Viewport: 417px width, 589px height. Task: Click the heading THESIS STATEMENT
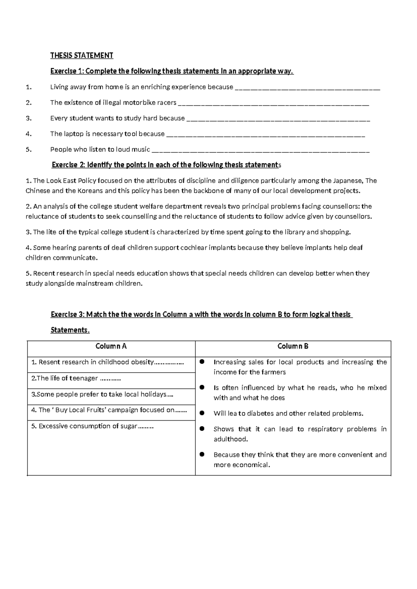click(x=82, y=56)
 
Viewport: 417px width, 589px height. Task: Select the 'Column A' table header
click(x=111, y=346)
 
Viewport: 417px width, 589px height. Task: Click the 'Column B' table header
click(x=293, y=346)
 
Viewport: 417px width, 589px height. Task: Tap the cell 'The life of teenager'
click(x=76, y=379)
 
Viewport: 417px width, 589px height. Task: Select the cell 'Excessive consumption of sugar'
click(x=92, y=426)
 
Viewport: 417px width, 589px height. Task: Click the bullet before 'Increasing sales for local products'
click(x=202, y=362)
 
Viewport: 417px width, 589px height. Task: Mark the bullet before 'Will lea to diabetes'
click(x=202, y=413)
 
